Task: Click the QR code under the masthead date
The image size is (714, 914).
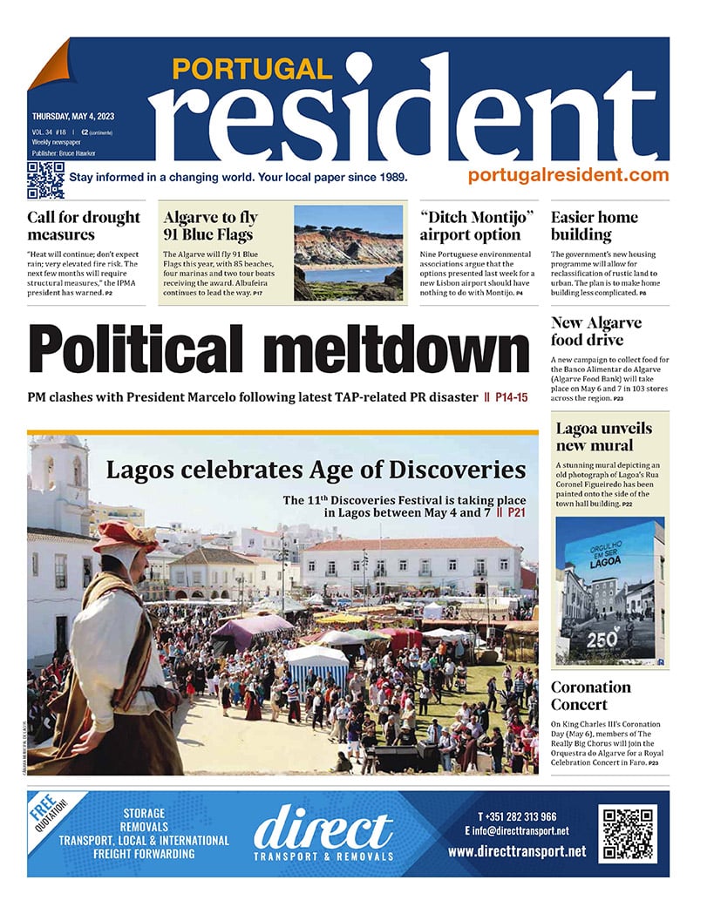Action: pos(45,180)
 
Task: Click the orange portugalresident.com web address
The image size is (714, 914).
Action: pos(568,175)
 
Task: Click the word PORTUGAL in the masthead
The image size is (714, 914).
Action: pos(252,69)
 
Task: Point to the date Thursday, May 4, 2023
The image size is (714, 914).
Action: pos(73,116)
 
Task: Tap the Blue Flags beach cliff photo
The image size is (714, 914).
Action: pos(348,252)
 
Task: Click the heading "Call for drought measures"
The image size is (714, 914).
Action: pos(84,226)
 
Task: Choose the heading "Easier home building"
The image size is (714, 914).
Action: pos(595,226)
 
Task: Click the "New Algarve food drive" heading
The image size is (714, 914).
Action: pos(596,331)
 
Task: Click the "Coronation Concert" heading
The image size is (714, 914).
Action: pos(590,695)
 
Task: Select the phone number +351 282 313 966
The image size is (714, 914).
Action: pos(517,816)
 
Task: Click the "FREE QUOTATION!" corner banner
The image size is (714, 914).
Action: pos(54,815)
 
